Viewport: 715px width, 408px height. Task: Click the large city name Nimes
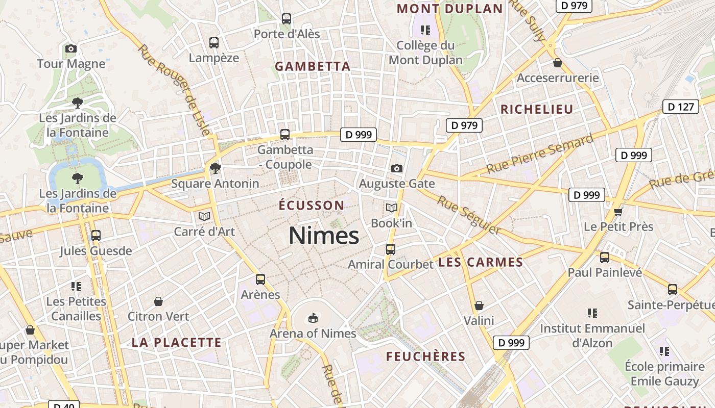tap(324, 236)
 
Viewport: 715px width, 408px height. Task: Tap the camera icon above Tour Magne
tap(71, 49)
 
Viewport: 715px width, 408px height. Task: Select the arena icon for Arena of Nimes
tap(313, 318)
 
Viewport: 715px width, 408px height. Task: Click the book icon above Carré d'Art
tap(204, 216)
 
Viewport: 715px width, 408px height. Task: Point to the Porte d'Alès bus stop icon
tap(287, 19)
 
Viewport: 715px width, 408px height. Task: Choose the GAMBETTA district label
tap(313, 66)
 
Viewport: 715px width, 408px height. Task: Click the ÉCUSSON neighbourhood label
tap(312, 206)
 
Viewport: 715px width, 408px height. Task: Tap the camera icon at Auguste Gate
tap(396, 168)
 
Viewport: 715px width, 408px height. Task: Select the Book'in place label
tap(391, 223)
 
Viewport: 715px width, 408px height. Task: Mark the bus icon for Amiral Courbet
tap(391, 249)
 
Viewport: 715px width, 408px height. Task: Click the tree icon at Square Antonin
tap(216, 168)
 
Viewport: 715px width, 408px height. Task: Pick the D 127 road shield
tap(680, 107)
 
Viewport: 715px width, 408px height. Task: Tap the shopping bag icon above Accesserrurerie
tap(558, 63)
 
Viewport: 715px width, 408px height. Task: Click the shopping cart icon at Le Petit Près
tap(618, 211)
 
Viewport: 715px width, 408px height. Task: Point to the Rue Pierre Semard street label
tap(539, 153)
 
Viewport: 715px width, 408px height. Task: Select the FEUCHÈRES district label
tap(425, 356)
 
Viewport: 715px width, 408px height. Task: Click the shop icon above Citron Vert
tap(158, 301)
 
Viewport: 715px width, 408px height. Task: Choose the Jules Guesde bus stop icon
tap(96, 236)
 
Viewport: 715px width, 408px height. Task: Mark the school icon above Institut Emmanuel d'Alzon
tap(592, 313)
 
